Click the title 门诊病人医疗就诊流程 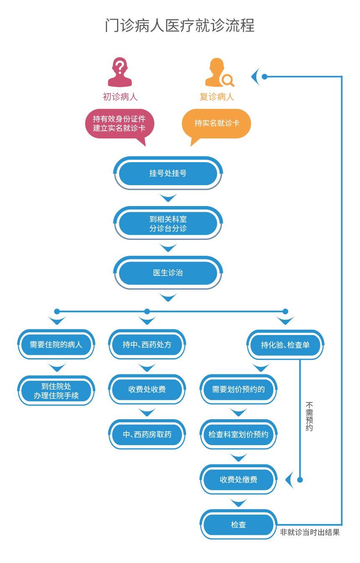coord(180,26)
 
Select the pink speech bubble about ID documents coord(120,123)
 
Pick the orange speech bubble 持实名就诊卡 coord(217,123)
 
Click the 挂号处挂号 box coord(168,173)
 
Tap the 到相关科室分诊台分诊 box coord(168,223)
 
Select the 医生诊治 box coord(168,273)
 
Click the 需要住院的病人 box coord(56,345)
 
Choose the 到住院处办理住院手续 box coord(56,390)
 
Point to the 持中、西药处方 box coord(147,345)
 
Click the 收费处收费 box coord(147,390)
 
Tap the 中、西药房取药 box coord(147,435)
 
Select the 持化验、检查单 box coord(285,345)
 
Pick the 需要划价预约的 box coord(238,390)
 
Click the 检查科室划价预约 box coord(238,435)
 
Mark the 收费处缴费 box coord(238,480)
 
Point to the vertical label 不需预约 coord(309,416)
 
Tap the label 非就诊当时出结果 coord(310,532)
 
